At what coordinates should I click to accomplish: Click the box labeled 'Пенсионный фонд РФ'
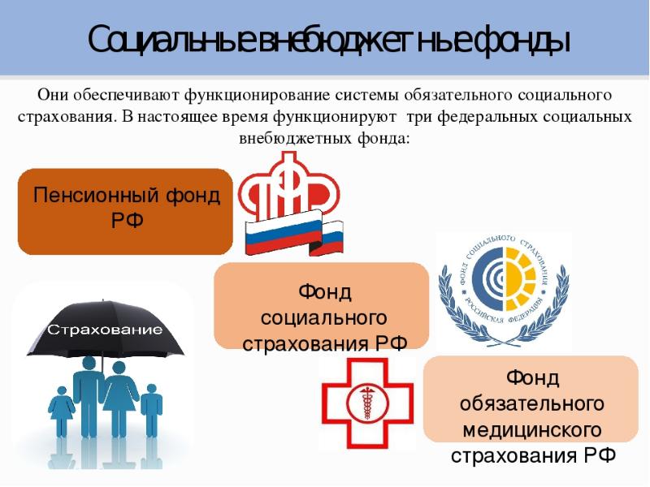(125, 212)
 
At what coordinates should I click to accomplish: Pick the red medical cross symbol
(368, 403)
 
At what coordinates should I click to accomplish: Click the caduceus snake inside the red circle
(367, 403)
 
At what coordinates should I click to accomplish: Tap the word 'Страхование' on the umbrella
(106, 330)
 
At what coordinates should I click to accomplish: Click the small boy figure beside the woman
(151, 411)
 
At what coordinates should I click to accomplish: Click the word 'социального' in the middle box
(323, 318)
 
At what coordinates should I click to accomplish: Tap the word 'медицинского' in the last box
(532, 430)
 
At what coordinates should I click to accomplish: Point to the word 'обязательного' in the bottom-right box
(532, 403)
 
